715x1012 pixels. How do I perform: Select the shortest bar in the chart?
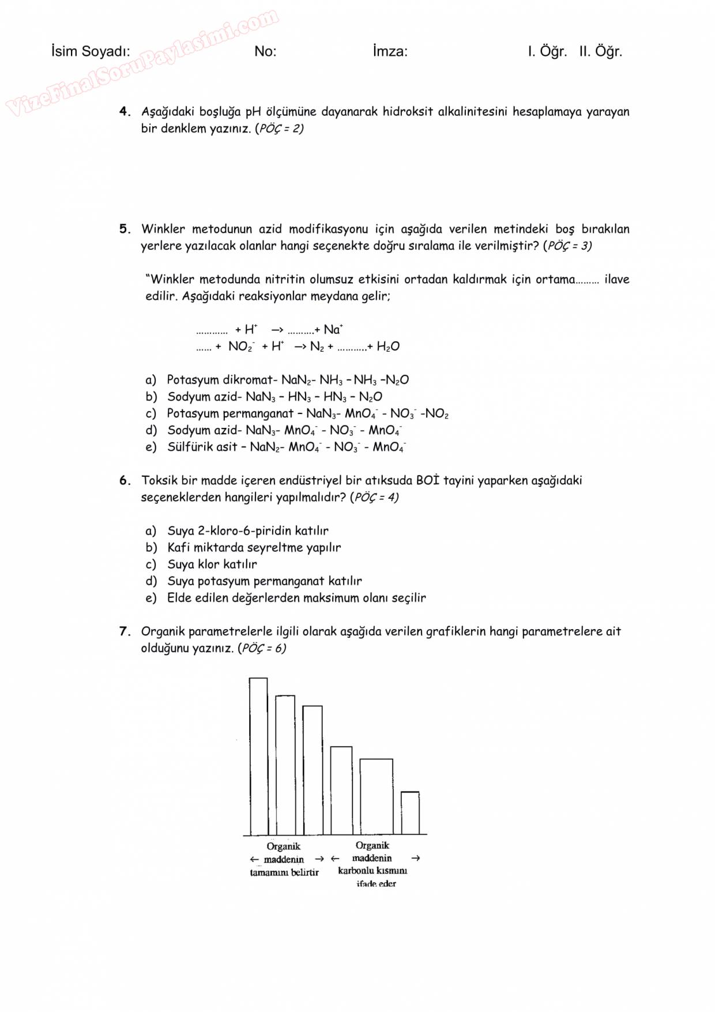410,813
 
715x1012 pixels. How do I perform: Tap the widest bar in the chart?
376,796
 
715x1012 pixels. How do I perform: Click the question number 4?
125,111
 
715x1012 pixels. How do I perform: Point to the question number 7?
125,631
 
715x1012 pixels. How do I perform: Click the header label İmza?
390,51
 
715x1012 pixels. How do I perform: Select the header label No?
265,51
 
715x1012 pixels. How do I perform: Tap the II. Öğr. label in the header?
600,51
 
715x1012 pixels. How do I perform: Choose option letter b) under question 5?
151,397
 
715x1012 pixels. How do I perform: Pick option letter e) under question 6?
151,598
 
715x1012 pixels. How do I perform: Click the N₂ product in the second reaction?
317,347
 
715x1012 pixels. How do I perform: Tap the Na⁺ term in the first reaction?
333,330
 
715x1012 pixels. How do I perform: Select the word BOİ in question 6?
427,480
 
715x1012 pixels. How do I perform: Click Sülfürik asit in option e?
202,447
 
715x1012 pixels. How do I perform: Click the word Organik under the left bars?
283,846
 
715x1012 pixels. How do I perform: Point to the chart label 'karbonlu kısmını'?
372,871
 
